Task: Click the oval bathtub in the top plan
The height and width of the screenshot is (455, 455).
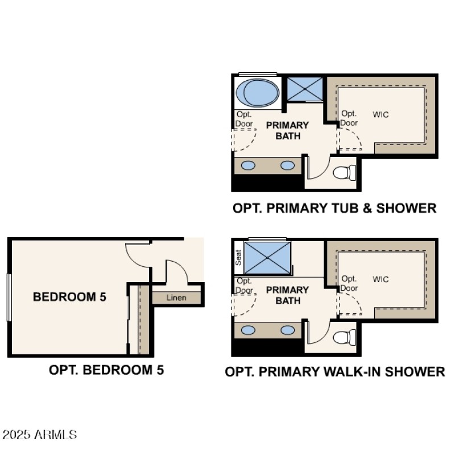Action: click(x=257, y=92)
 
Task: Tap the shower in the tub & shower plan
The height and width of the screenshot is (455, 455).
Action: click(x=304, y=88)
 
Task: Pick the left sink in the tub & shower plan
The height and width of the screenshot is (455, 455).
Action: click(x=249, y=166)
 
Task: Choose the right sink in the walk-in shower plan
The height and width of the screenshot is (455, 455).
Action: click(x=288, y=330)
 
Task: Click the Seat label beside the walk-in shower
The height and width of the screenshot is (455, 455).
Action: click(x=238, y=258)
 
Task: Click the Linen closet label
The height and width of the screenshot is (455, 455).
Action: click(x=176, y=297)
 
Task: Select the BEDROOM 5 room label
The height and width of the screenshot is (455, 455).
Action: click(x=69, y=296)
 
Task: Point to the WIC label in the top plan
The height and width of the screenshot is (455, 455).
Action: click(x=381, y=114)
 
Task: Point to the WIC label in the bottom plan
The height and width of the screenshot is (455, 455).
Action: click(x=381, y=279)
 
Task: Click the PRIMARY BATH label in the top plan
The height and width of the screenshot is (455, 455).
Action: click(x=288, y=130)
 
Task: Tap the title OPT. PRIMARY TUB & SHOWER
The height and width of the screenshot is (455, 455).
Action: click(x=334, y=208)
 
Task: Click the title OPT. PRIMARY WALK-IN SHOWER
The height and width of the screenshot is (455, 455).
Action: click(x=334, y=372)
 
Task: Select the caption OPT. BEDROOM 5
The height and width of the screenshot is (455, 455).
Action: click(x=106, y=370)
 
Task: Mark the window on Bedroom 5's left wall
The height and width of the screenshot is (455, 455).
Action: click(x=9, y=297)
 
